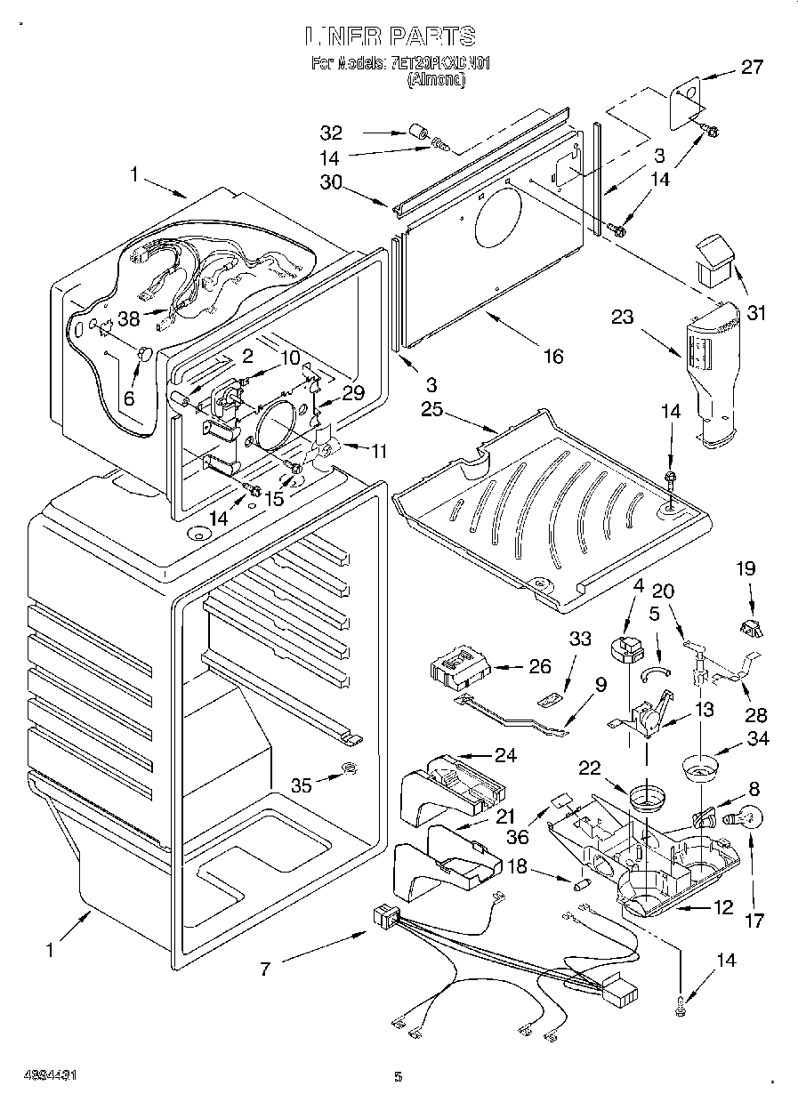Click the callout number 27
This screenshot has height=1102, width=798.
click(x=753, y=66)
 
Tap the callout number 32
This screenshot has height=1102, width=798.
click(x=331, y=134)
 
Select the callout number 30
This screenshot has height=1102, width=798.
click(x=331, y=181)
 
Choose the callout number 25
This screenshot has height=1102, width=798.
click(x=431, y=411)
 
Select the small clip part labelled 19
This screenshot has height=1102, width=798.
click(x=750, y=627)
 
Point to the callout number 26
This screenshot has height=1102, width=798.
click(x=539, y=664)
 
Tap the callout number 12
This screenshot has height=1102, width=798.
click(x=723, y=907)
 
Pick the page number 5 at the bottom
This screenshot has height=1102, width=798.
click(x=399, y=1077)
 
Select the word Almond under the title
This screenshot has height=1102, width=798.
click(x=437, y=80)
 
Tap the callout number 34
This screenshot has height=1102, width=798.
click(x=758, y=738)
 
